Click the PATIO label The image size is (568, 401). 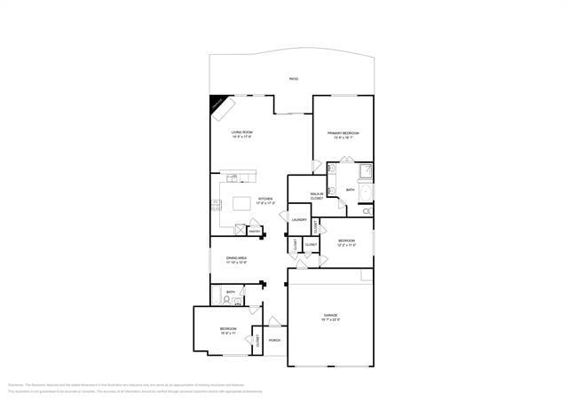[294, 80]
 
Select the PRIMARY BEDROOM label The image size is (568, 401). [344, 133]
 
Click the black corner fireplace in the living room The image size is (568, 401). [220, 106]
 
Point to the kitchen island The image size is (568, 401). [241, 203]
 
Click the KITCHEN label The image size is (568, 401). [265, 199]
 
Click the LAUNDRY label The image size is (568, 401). [299, 220]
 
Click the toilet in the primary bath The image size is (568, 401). [367, 211]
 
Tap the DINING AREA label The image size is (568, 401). [236, 258]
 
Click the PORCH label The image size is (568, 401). [274, 340]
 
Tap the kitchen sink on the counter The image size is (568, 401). [233, 177]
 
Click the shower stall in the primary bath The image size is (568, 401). [363, 170]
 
